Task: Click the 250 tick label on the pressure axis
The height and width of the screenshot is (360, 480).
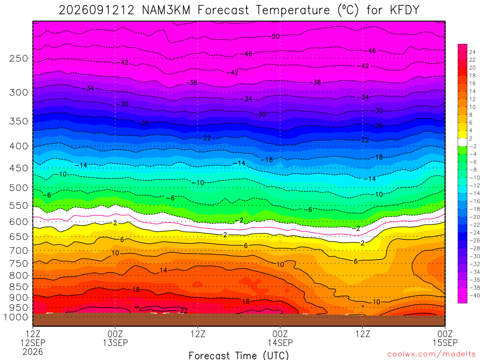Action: click(x=19, y=58)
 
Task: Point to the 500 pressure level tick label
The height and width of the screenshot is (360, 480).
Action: click(x=19, y=187)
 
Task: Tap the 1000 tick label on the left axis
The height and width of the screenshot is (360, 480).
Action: click(x=16, y=317)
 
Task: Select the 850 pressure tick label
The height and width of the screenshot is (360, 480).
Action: click(x=19, y=287)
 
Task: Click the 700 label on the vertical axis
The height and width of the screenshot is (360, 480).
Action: click(x=19, y=251)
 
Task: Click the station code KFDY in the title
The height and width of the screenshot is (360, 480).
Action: click(x=405, y=10)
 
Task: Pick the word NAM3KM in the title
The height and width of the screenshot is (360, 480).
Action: click(x=166, y=10)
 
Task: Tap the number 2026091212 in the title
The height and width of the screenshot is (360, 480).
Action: click(x=97, y=10)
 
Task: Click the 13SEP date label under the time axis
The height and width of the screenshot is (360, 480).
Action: click(x=115, y=343)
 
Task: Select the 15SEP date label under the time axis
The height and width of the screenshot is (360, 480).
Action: click(x=445, y=343)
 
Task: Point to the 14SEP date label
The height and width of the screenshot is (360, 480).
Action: click(x=280, y=343)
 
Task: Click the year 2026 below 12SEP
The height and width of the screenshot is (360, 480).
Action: click(x=33, y=352)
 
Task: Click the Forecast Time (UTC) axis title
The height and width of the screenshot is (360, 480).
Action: click(x=239, y=355)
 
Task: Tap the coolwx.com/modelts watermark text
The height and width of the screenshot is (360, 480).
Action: click(x=431, y=354)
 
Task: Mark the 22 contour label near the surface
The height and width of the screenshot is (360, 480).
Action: click(x=184, y=310)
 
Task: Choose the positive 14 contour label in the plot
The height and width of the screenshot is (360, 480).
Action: click(x=164, y=270)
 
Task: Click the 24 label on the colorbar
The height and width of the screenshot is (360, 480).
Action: click(x=472, y=52)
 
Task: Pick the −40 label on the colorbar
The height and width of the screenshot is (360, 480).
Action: click(x=474, y=295)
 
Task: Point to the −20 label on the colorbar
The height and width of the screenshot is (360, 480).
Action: click(x=474, y=217)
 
